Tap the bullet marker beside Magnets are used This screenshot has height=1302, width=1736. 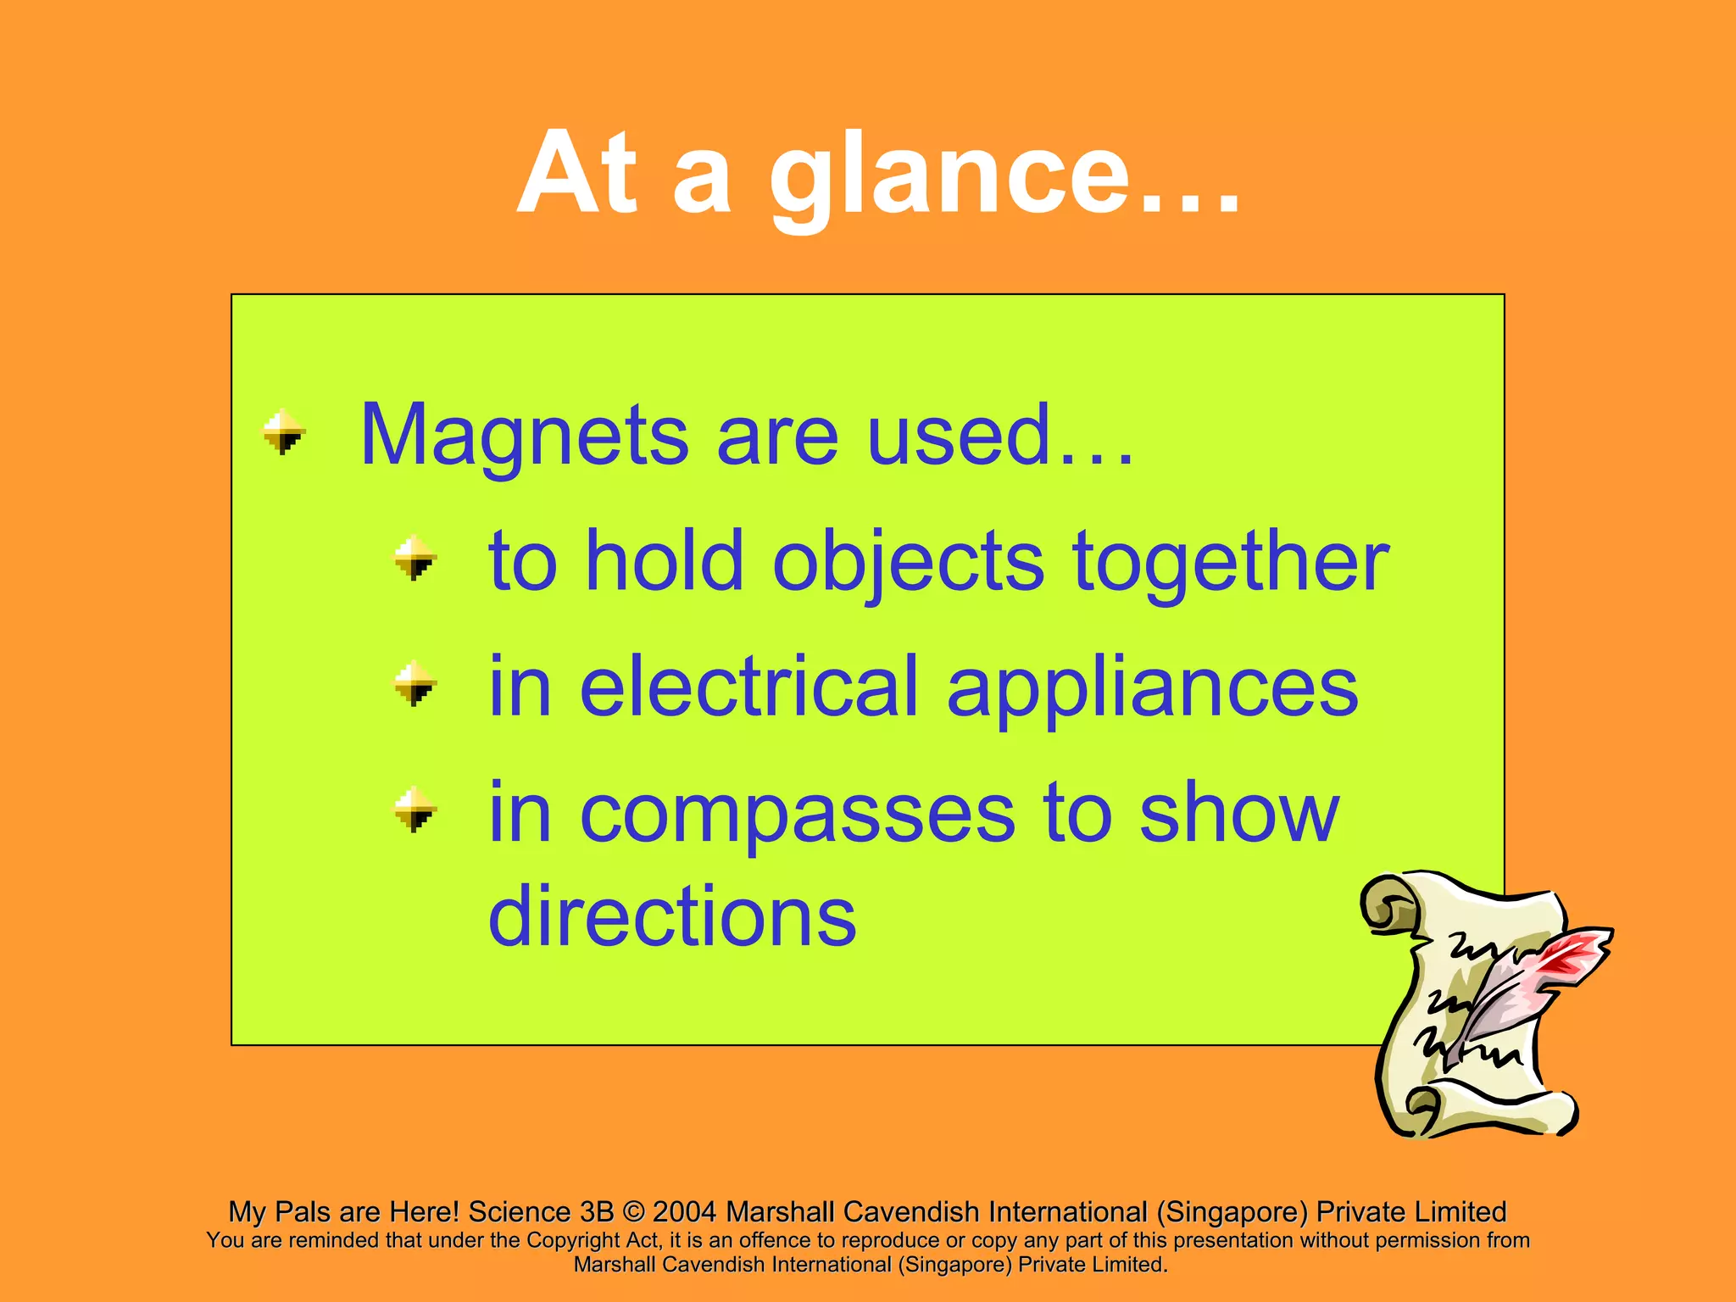(x=283, y=431)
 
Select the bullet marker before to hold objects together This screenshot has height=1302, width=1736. (x=415, y=557)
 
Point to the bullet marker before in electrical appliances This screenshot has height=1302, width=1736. (x=415, y=683)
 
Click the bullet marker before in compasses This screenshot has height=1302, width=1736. (x=415, y=810)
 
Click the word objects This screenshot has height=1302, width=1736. (x=909, y=561)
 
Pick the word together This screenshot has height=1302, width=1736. (x=1231, y=561)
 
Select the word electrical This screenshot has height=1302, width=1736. (x=749, y=687)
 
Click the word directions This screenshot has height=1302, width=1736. (x=672, y=916)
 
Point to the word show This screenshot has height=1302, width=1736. (x=1238, y=812)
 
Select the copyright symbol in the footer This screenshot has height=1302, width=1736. (x=633, y=1212)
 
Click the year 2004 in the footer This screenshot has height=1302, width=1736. (x=685, y=1212)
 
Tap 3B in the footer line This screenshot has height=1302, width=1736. (x=597, y=1212)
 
